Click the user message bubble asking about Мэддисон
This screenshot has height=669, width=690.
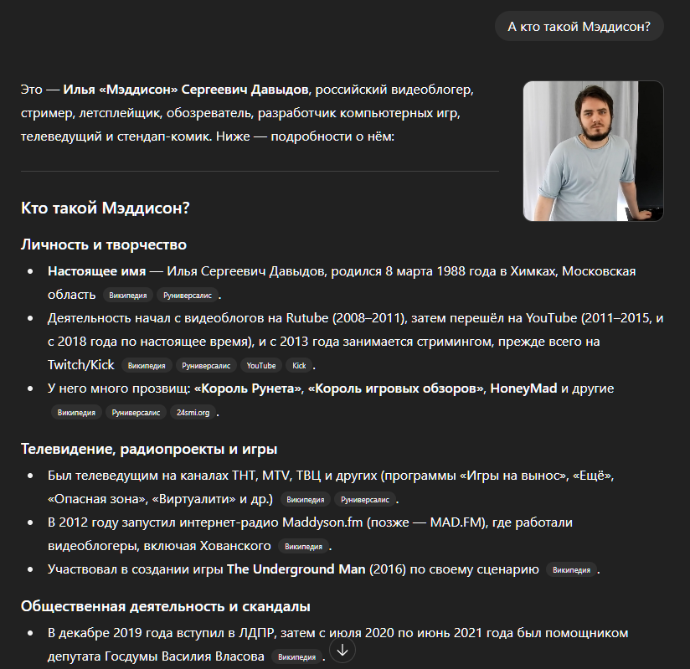[x=579, y=27]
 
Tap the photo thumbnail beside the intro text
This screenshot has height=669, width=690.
[x=593, y=151]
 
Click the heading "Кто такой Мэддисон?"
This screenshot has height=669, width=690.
[x=105, y=208]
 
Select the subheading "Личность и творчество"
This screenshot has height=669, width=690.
[x=103, y=244]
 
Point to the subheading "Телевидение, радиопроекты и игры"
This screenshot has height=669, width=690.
[x=149, y=449]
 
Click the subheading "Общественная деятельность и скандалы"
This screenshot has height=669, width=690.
[x=166, y=605]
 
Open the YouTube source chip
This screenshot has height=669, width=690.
[x=260, y=366]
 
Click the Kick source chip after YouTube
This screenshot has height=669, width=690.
[x=299, y=366]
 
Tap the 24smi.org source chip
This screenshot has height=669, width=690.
[x=193, y=413]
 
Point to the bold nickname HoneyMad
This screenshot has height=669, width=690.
[x=523, y=389]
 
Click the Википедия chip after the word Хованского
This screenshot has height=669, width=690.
[x=303, y=547]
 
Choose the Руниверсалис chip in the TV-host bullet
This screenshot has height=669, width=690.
[x=363, y=500]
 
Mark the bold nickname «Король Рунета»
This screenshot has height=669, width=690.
[x=248, y=389]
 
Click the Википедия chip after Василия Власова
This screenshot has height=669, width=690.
[x=296, y=656]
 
